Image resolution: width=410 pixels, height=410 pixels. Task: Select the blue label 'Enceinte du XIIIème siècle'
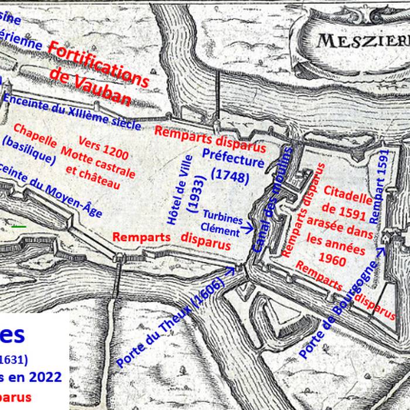pyautogui.click(x=72, y=111)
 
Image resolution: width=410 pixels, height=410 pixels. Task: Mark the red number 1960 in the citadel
pyautogui.click(x=332, y=258)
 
